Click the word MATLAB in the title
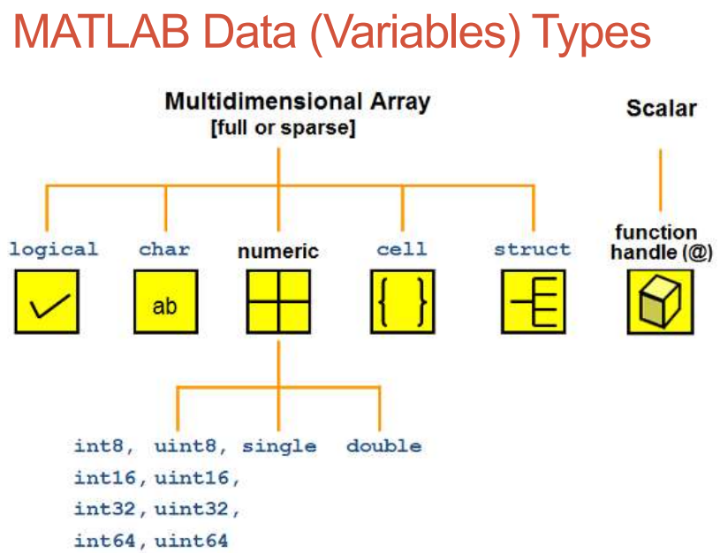tap(102, 31)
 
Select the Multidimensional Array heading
tap(298, 102)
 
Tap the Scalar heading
tap(661, 109)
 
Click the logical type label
tap(54, 249)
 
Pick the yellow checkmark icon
tap(47, 301)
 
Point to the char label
tap(164, 249)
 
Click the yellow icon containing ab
tap(166, 301)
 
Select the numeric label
tap(278, 251)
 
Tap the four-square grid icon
tap(278, 301)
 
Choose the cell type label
tap(402, 249)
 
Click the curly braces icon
tap(403, 301)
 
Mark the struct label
tap(532, 249)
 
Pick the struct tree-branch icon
tap(533, 301)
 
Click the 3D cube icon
tap(660, 301)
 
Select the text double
tap(384, 446)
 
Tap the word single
tap(279, 447)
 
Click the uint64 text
tap(191, 541)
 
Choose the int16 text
tap(105, 478)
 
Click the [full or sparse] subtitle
tap(284, 128)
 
